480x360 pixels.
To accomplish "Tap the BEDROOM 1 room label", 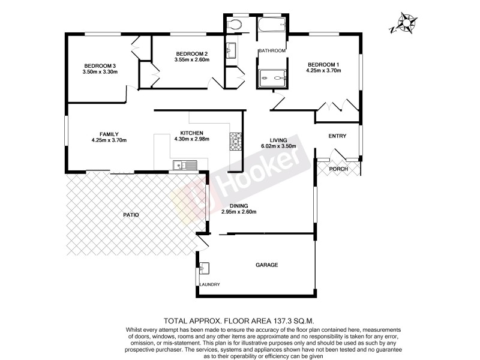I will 324,65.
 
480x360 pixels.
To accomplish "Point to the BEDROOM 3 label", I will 100,66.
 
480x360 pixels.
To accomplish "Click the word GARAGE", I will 266,265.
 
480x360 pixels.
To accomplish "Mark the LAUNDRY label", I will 211,284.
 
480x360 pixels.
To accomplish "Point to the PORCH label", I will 339,169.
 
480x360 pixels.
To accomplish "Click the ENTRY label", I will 338,136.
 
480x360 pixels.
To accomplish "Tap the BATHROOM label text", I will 272,51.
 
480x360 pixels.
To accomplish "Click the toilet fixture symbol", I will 236,24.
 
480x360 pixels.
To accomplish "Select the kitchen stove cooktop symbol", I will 235,142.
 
